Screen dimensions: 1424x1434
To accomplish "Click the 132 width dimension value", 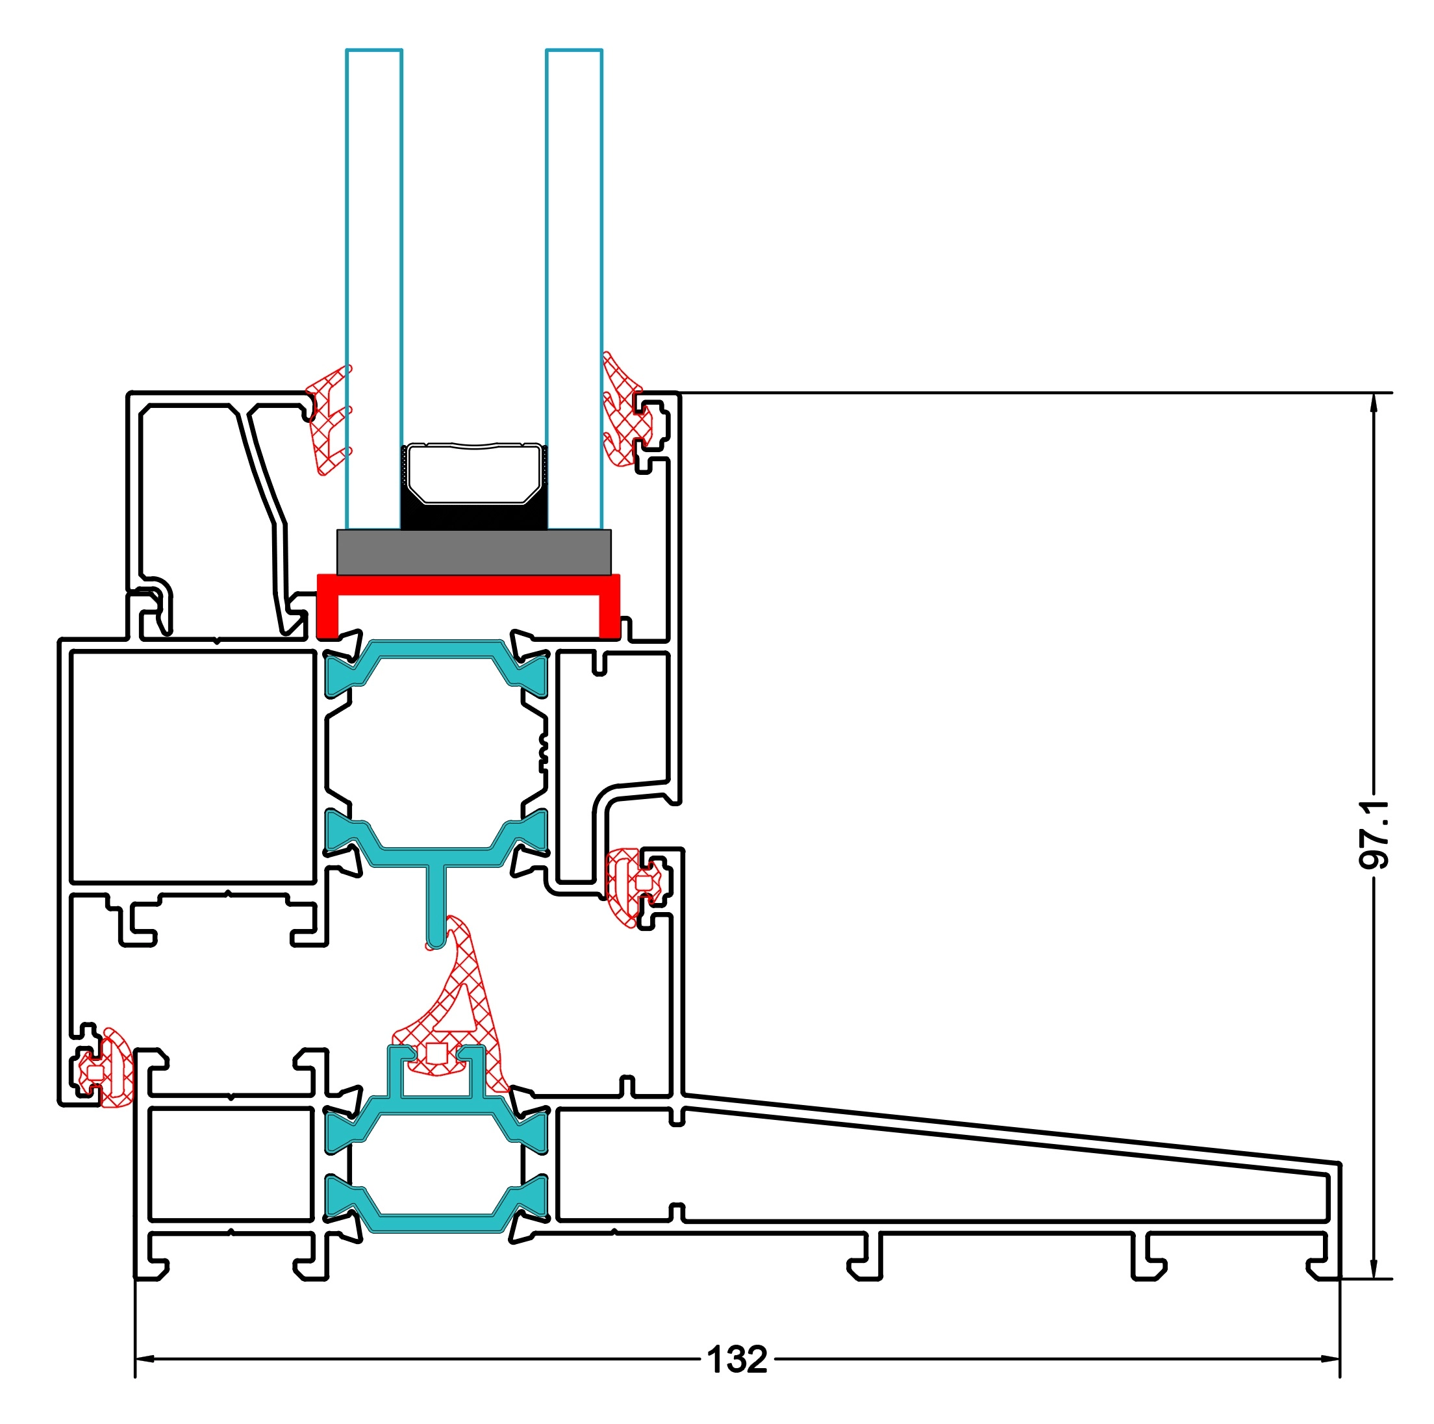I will pos(736,1360).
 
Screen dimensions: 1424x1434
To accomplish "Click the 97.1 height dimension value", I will pos(1373,835).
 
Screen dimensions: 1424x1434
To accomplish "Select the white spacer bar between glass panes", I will pos(473,472).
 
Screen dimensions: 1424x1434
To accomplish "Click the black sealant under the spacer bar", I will pos(473,515).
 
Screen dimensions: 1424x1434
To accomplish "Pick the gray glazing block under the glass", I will pos(473,552).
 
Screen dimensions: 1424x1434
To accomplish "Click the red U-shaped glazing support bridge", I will pos(468,585).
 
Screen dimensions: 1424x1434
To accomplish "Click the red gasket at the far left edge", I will pos(111,1069).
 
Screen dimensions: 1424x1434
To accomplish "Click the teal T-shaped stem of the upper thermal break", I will pos(436,902).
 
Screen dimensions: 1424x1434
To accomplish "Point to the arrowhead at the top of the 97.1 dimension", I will pos(1373,401).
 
